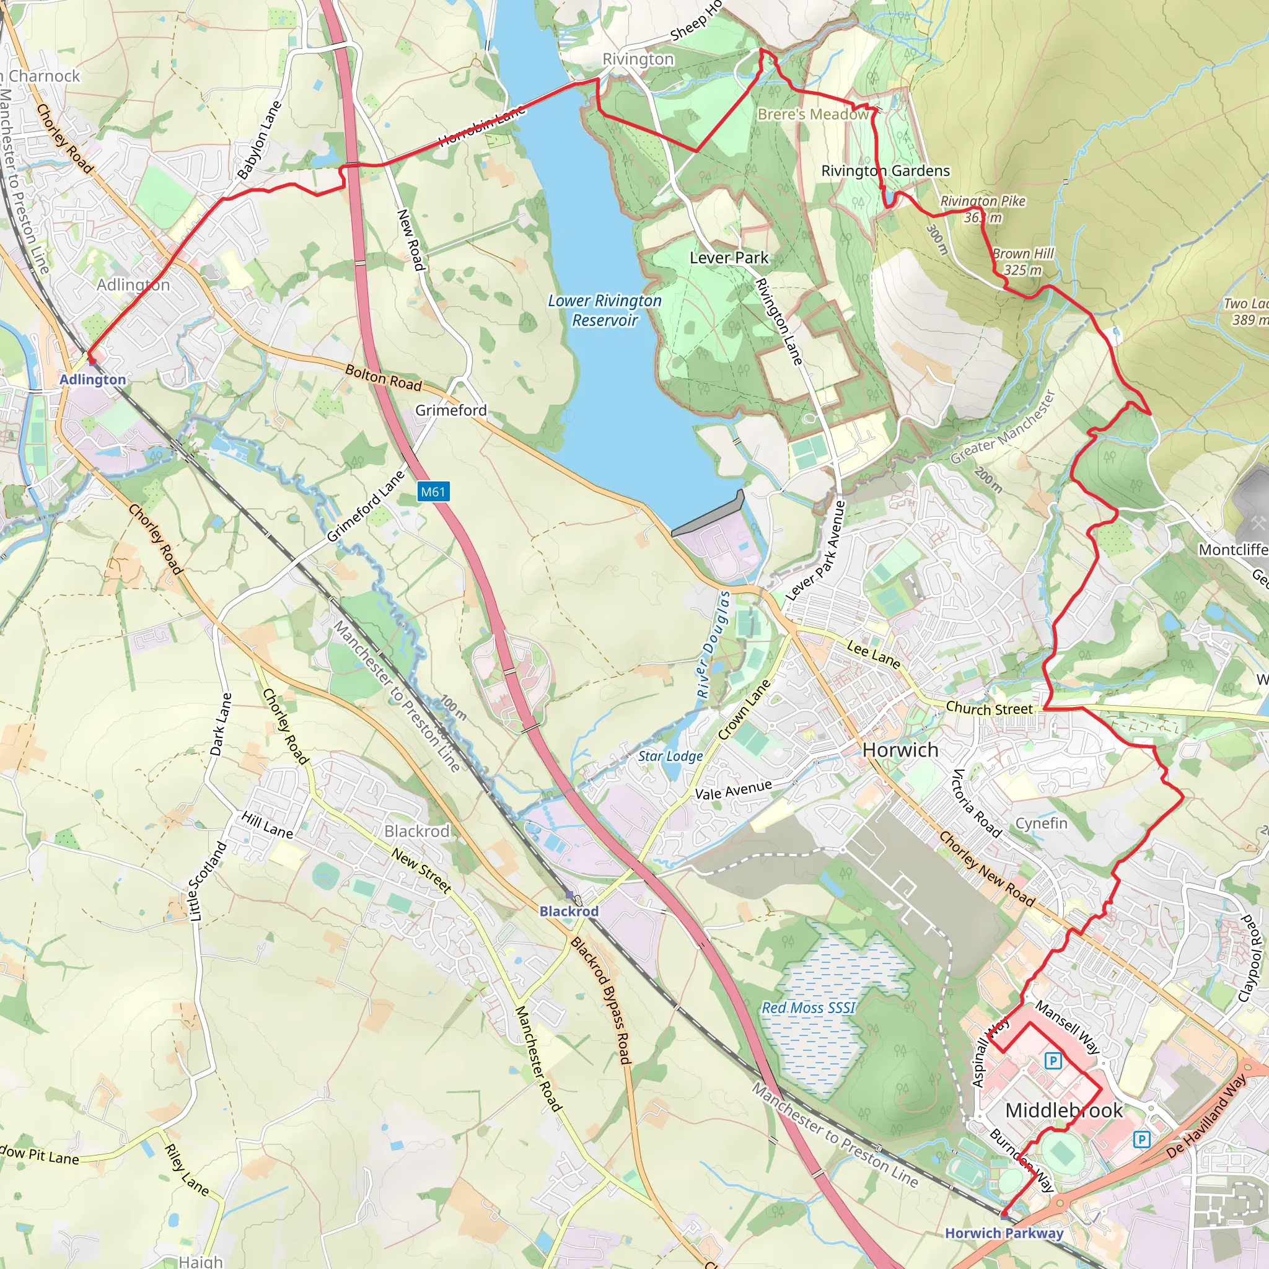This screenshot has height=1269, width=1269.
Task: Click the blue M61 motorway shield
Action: click(433, 491)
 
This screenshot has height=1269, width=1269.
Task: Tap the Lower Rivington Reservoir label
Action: click(604, 310)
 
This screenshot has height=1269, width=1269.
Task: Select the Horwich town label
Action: click(900, 750)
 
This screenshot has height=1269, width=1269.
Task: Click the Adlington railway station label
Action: click(92, 380)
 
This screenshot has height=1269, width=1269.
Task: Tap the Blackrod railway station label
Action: click(569, 911)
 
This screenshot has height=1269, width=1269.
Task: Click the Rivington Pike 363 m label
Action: click(983, 209)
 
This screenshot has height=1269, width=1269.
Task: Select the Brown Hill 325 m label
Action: click(1022, 261)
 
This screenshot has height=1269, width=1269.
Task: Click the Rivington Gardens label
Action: click(885, 171)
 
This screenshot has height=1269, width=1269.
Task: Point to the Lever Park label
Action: click(729, 258)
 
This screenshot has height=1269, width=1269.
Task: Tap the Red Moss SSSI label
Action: click(809, 1008)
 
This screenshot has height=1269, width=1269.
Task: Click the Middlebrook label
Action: click(1064, 1110)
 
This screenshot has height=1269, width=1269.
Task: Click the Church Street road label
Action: click(989, 709)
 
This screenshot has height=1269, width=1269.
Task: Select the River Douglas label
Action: click(713, 644)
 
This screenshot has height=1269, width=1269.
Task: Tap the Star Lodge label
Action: click(670, 756)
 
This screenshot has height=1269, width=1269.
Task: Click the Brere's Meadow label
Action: click(813, 114)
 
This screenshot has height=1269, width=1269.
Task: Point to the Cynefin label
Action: click(1041, 823)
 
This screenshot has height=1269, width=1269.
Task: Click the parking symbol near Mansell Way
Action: click(1053, 1060)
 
